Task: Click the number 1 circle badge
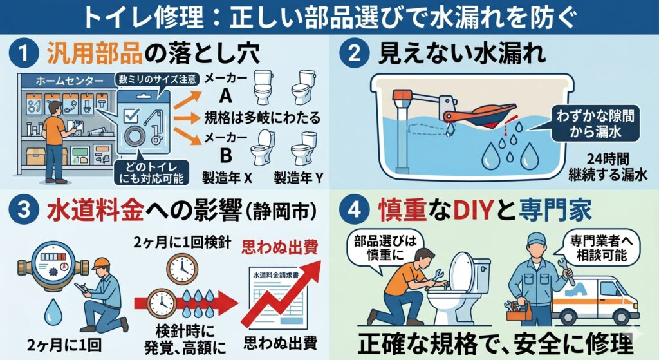pos(23,54)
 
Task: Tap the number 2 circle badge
pos(354,54)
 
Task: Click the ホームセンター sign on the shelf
pos(70,81)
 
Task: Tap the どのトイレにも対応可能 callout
pos(151,172)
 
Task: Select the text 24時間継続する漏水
pos(608,167)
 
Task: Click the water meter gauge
pos(53,265)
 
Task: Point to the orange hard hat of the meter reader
pos(101,263)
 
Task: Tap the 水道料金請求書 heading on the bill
pos(275,275)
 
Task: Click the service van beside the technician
pos(595,301)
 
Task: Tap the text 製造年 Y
pos(299,178)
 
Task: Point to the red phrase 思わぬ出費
pos(279,247)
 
